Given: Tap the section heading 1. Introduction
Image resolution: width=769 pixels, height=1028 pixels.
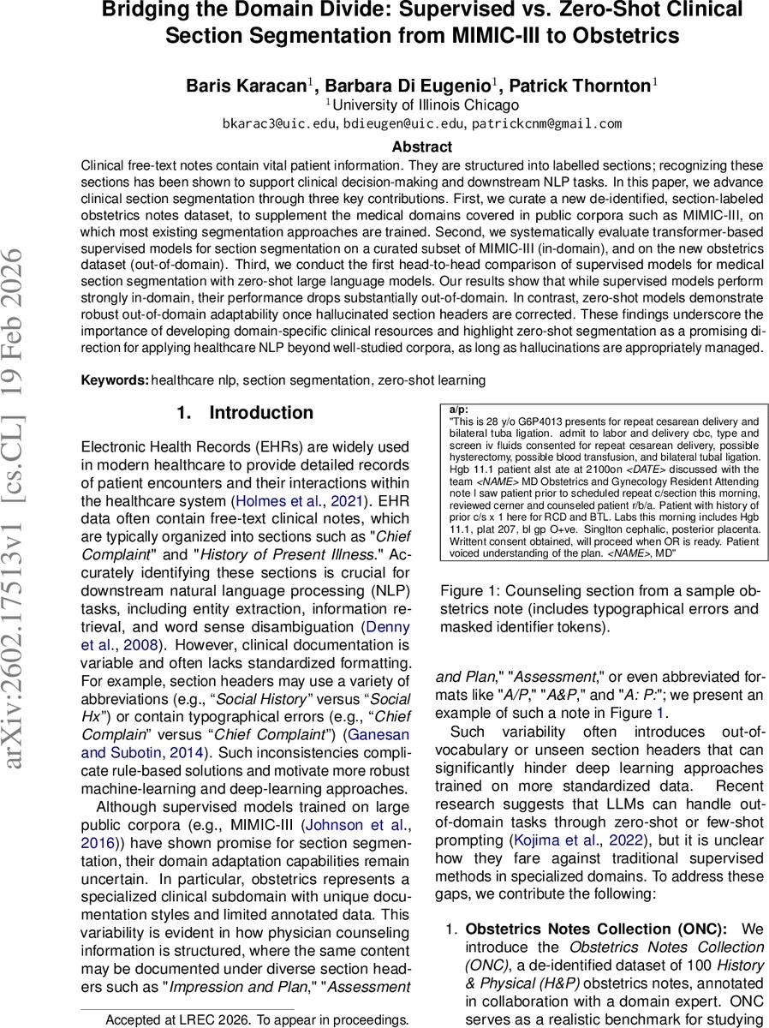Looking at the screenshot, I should point(245,413).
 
